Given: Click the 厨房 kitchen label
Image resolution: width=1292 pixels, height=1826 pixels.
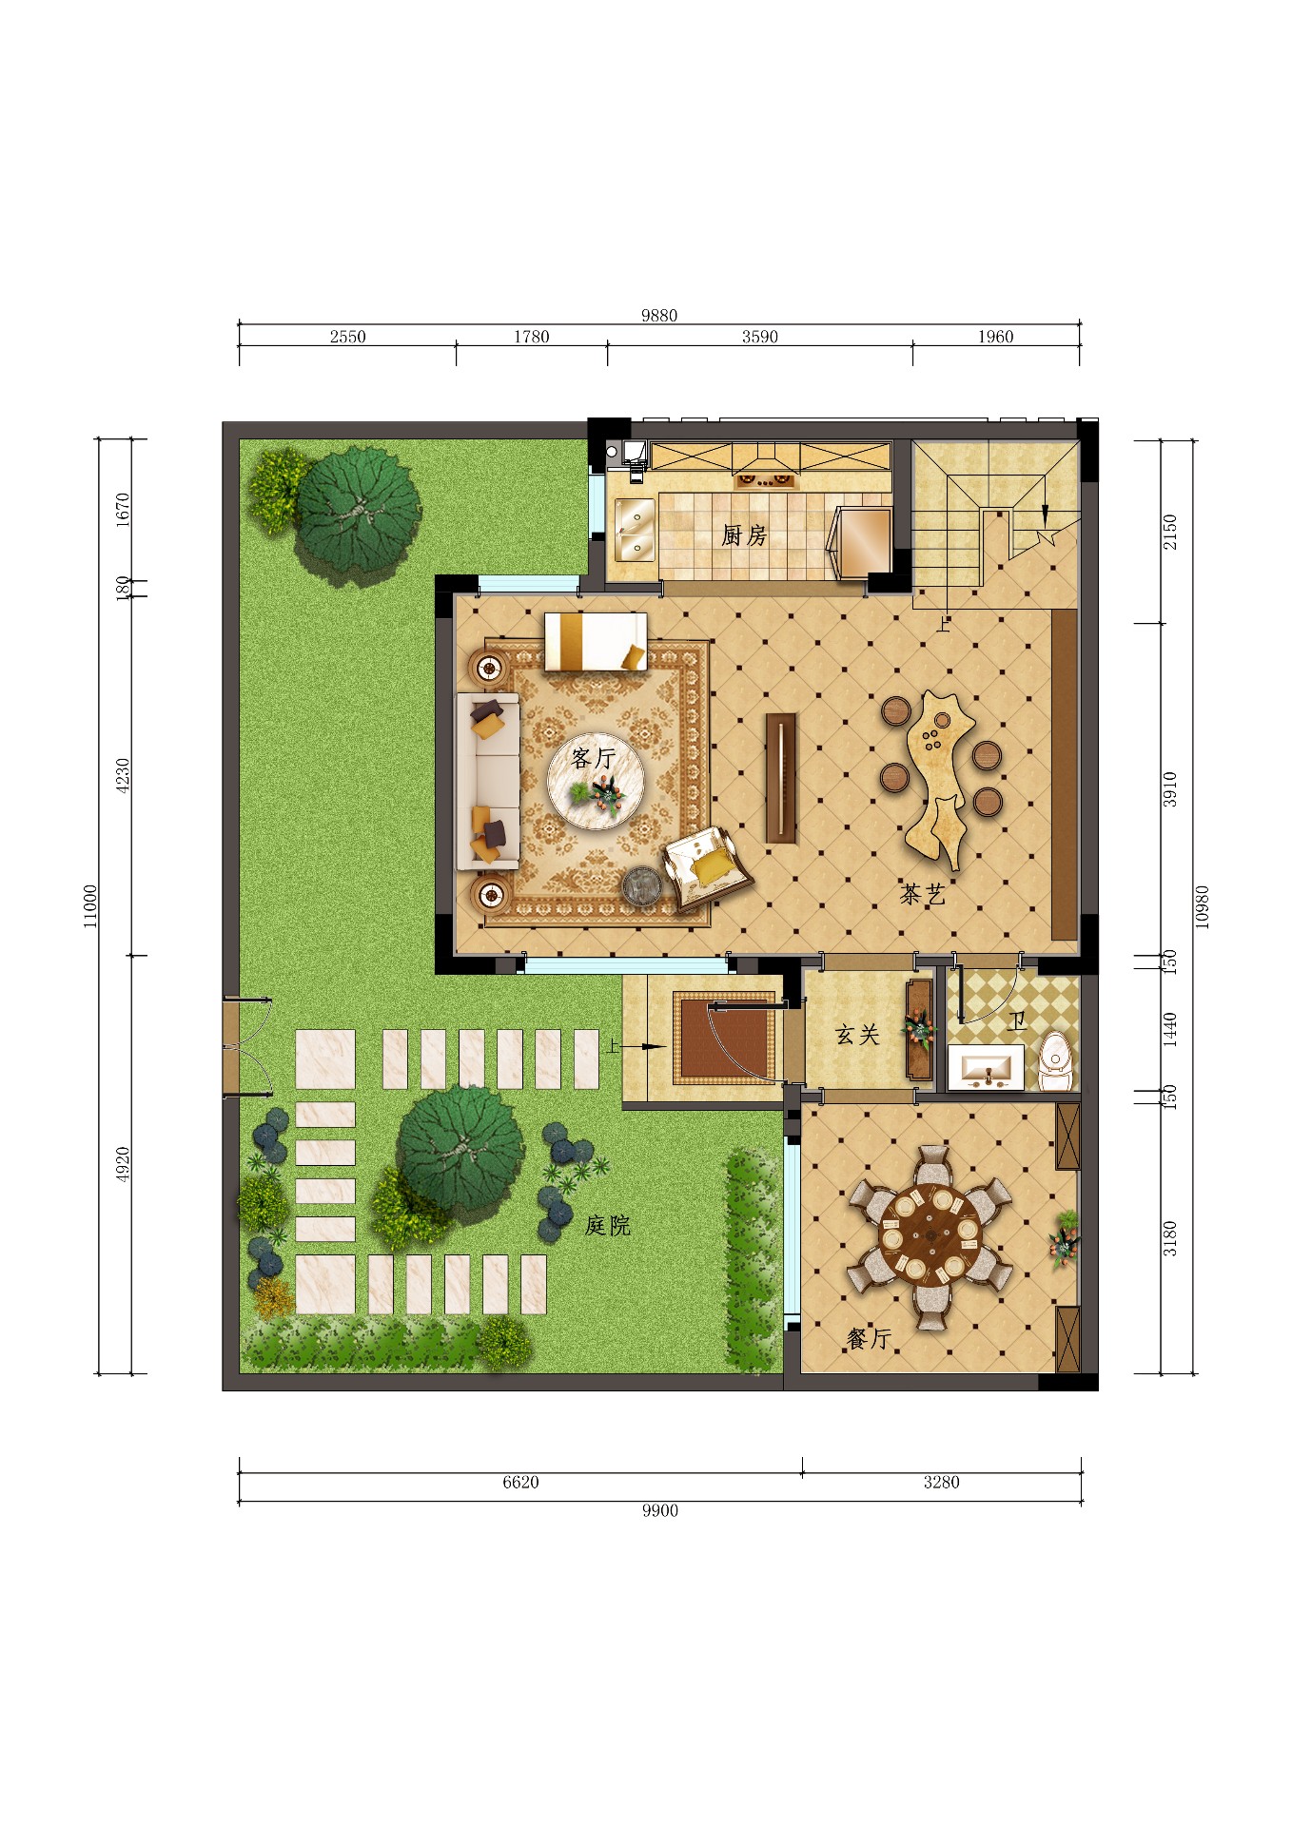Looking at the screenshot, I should coord(744,536).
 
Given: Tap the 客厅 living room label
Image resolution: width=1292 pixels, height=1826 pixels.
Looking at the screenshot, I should coord(594,758).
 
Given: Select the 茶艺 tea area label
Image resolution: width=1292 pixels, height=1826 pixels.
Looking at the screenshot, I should coord(922,894).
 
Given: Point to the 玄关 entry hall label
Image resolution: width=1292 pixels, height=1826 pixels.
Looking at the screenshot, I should coord(856,1035).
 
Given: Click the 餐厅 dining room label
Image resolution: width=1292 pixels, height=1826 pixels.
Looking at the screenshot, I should coord(869,1339).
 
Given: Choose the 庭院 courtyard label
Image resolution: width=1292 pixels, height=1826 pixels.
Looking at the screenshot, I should coord(607,1226).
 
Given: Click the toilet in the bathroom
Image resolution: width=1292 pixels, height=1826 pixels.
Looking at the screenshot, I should coord(1054,1060).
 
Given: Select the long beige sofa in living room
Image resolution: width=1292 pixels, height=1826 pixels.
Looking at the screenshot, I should coord(488,782).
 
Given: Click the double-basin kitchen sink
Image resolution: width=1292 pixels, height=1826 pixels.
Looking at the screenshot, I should coord(634,530).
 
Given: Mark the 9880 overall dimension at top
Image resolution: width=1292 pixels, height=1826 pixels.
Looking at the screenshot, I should coord(658,316).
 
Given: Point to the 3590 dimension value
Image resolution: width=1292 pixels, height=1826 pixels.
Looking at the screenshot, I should coord(759,337).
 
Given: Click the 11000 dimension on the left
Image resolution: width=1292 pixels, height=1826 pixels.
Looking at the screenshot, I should coord(90,905).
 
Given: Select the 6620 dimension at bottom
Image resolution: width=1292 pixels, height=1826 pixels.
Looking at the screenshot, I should coord(520,1483).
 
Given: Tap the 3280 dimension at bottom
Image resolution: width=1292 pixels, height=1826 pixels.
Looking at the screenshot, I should coord(941,1483).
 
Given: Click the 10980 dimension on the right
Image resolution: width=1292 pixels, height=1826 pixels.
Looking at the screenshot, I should coord(1201,906).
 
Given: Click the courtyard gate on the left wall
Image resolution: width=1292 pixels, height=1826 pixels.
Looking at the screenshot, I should coord(231,1047).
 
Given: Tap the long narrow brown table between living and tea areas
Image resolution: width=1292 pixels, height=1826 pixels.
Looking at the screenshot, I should coord(781,777).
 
